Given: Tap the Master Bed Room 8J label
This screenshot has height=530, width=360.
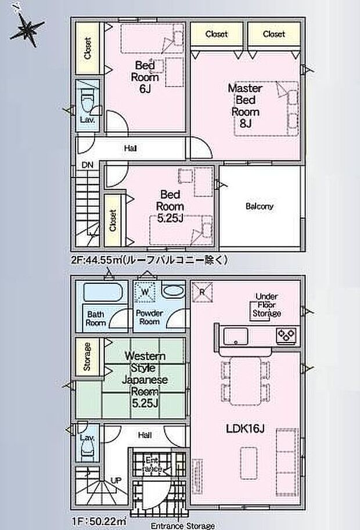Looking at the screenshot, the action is pyautogui.click(x=246, y=106).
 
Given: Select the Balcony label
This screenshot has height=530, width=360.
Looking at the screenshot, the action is pyautogui.click(x=260, y=206).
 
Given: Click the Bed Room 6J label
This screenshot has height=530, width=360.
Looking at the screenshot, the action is pyautogui.click(x=145, y=77).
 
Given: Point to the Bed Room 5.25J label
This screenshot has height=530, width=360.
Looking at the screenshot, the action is pyautogui.click(x=170, y=206).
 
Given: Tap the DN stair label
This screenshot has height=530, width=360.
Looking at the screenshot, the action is pyautogui.click(x=87, y=165).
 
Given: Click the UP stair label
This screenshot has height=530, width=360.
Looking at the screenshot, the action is pyautogui.click(x=116, y=480).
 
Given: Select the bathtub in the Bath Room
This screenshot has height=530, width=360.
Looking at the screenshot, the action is pyautogui.click(x=103, y=293).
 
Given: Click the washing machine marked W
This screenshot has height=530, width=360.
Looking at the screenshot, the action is pyautogui.click(x=145, y=292).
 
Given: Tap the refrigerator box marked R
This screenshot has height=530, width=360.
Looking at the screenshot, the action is pyautogui.click(x=202, y=292).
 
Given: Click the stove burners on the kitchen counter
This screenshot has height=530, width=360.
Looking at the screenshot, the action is pyautogui.click(x=286, y=336).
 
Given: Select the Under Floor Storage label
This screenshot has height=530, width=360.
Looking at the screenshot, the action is pyautogui.click(x=267, y=305).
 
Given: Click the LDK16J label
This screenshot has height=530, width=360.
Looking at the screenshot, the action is pyautogui.click(x=244, y=429).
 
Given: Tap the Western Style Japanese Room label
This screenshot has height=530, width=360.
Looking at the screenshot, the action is pyautogui.click(x=145, y=380).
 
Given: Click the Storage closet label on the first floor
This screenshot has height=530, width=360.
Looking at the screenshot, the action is pyautogui.click(x=87, y=356).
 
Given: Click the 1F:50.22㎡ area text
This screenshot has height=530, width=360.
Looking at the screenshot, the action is pyautogui.click(x=98, y=521).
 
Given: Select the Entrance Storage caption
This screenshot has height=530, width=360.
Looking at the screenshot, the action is pyautogui.click(x=182, y=526).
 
